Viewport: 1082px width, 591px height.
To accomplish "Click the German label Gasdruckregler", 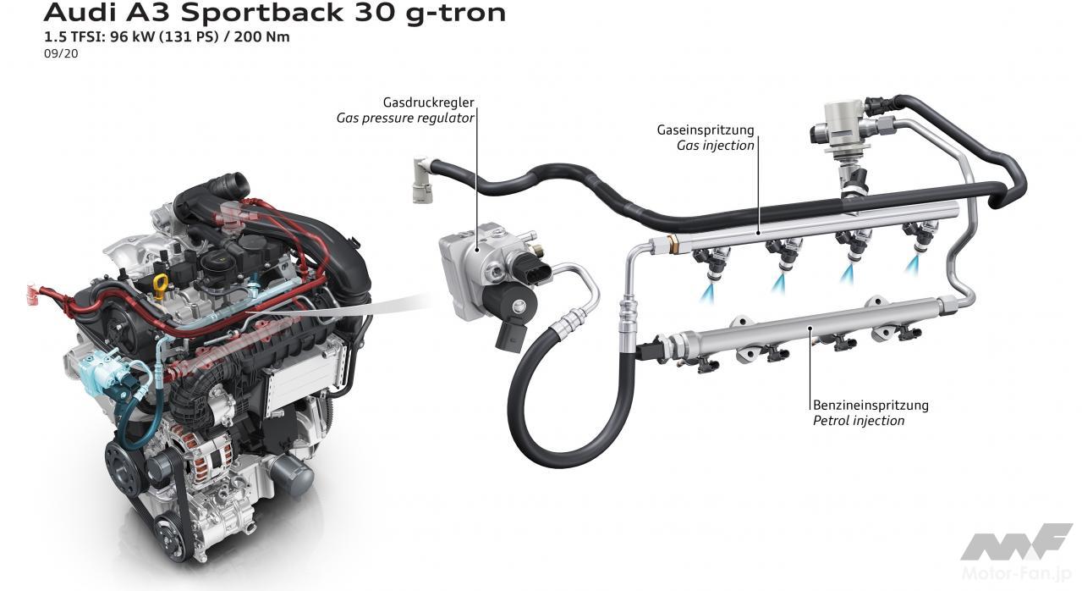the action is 428,102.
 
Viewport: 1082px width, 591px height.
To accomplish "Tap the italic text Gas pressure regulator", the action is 405,118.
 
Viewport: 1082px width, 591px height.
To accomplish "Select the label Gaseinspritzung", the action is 706,130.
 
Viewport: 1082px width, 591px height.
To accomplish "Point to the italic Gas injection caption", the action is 716,146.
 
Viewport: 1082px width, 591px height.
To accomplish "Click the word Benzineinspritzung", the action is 871,405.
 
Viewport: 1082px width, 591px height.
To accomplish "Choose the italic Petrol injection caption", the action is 859,421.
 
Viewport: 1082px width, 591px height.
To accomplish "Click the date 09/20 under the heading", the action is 61,53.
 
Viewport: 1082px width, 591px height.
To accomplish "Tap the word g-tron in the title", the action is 455,13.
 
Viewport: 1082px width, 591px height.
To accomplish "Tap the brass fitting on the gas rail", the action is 673,242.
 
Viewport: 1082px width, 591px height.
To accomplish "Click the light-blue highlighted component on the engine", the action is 102,374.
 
